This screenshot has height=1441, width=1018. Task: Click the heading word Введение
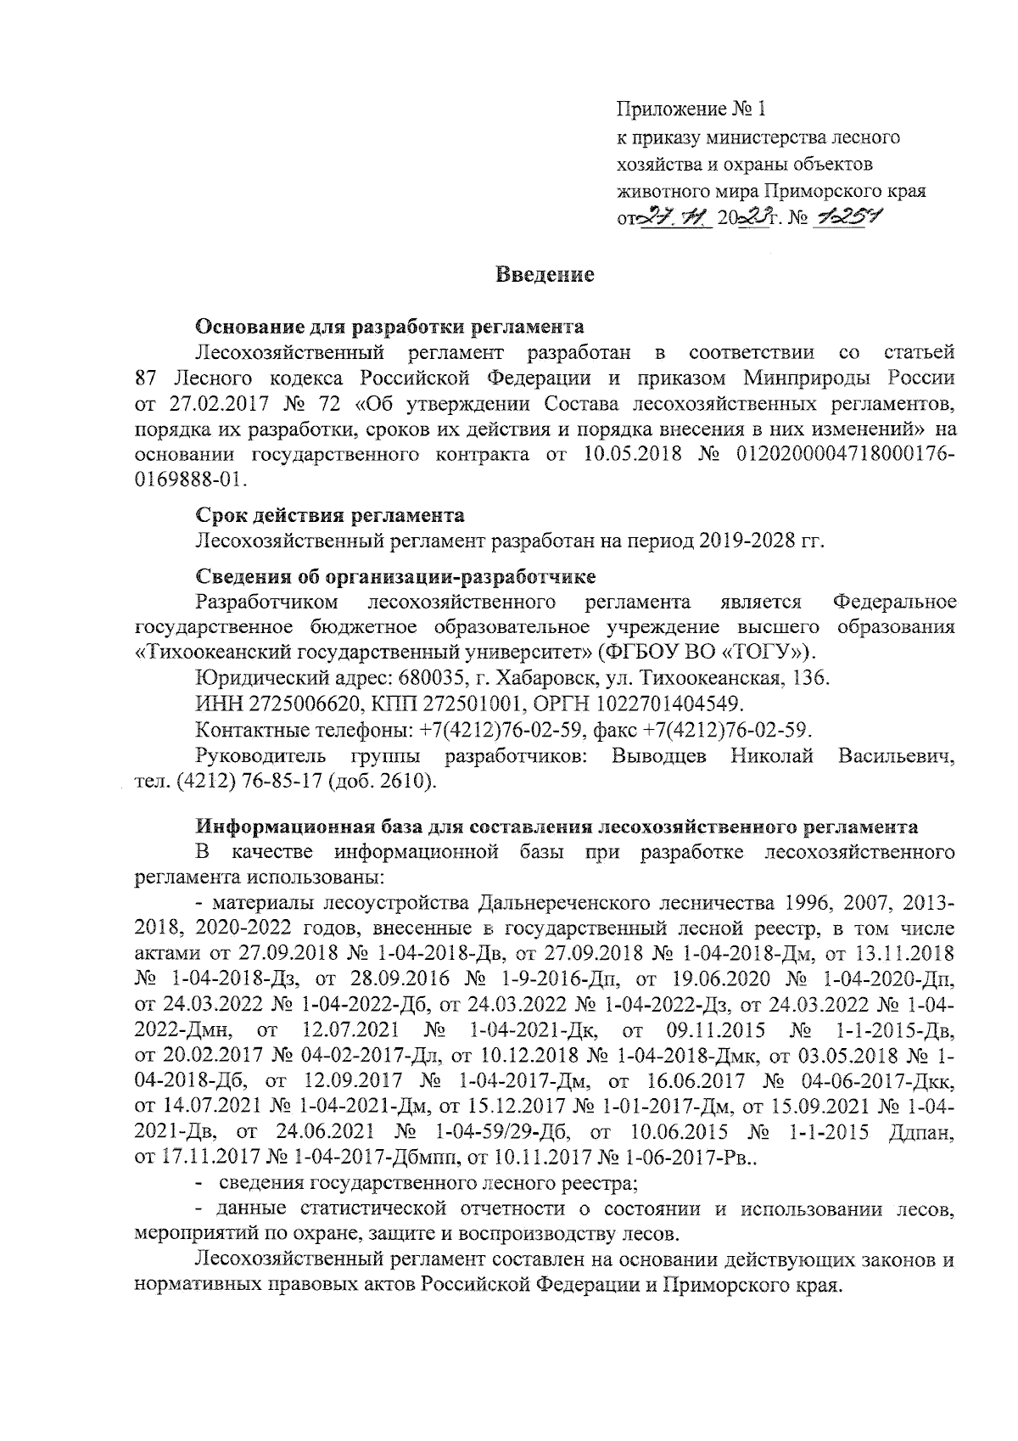(x=544, y=275)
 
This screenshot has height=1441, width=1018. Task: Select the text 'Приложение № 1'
(x=690, y=109)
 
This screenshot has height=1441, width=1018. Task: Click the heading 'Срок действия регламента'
(x=330, y=516)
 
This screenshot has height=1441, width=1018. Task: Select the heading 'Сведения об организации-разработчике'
(x=396, y=577)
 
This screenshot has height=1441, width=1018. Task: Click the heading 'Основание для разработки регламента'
(x=390, y=327)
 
